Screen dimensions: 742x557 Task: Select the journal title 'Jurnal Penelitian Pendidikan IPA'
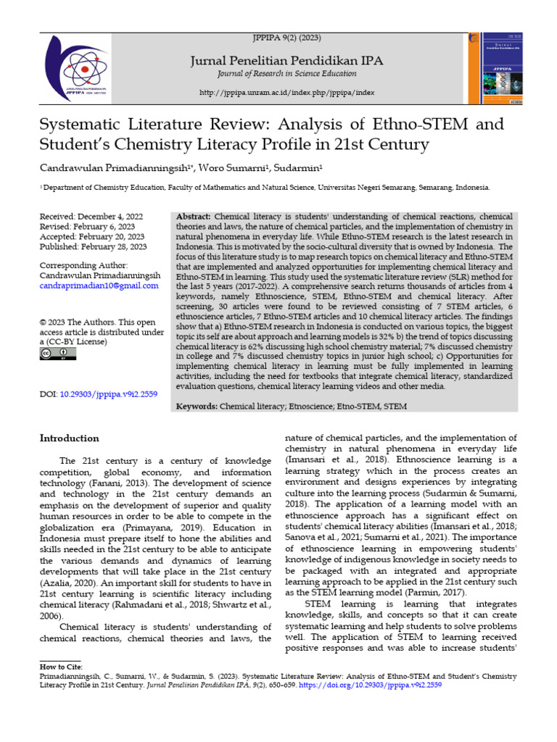[286, 60]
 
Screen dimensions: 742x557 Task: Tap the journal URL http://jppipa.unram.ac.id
[286, 93]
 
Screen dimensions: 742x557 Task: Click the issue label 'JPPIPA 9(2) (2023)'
[286, 36]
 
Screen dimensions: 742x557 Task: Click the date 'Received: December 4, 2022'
[92, 217]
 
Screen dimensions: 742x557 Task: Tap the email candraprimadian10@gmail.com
[98, 286]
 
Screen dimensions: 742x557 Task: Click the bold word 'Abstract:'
[194, 217]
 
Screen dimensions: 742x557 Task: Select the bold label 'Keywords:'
[197, 407]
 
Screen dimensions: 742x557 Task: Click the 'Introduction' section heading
[70, 438]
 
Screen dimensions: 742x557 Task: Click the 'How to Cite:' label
[61, 666]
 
